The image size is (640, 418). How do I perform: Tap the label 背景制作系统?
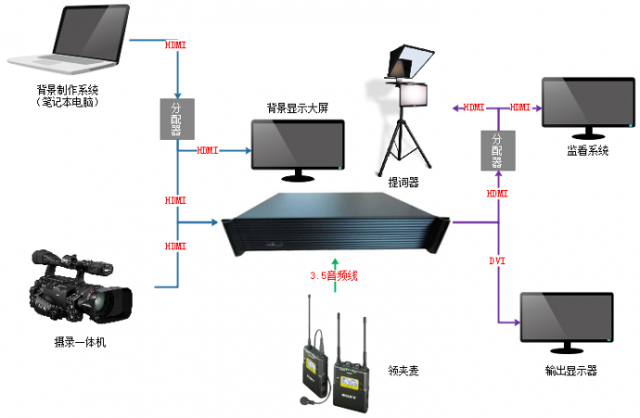coord(68,90)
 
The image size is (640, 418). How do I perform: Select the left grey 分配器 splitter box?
coord(175,118)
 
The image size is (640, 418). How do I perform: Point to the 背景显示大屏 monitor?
coord(299,144)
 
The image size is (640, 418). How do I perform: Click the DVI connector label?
coord(497,261)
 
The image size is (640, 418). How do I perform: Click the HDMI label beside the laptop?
coord(175,44)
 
